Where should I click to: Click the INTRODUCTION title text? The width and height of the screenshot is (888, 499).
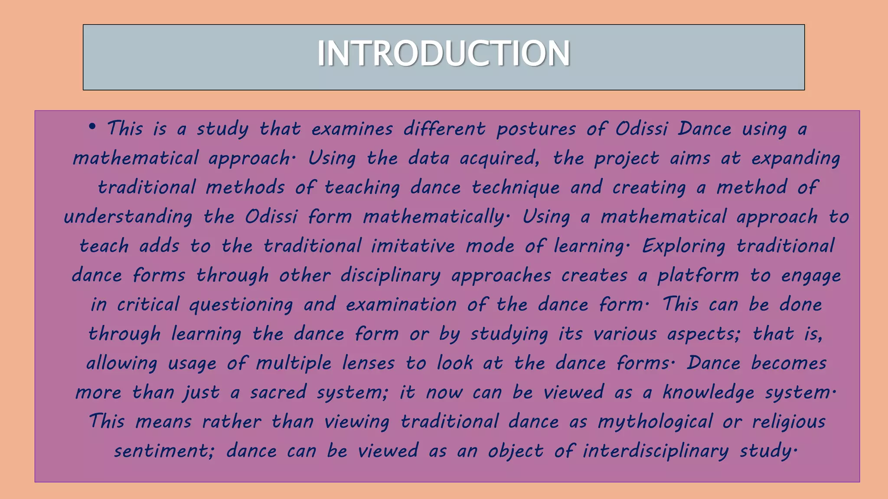coord(444,54)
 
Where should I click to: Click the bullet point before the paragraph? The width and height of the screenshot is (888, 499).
coord(91,127)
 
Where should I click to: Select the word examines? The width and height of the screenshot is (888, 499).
coord(352,129)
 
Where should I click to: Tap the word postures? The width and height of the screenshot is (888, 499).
coord(536,129)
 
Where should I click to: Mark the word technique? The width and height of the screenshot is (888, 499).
coord(516,188)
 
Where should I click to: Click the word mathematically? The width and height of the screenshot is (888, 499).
coord(434,217)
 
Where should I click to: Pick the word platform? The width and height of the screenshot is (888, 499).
coord(698,275)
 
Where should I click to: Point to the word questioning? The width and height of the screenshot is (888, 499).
coord(241,305)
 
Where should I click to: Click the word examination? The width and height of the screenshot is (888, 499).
coord(401,305)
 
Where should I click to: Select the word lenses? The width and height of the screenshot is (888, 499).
coord(368,363)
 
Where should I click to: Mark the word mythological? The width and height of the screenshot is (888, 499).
coord(655,422)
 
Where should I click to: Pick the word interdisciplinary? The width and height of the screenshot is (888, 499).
coord(656,451)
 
